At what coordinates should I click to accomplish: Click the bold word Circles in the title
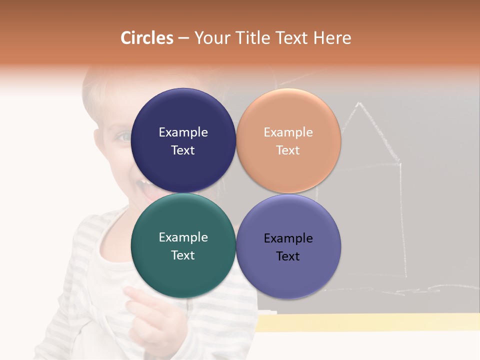146,38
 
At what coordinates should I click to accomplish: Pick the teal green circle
183,272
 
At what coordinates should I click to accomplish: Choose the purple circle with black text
288,275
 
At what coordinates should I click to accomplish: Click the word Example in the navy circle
183,132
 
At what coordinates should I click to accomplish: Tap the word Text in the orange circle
288,150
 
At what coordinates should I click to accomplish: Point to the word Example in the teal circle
183,237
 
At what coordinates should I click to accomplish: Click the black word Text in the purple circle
288,256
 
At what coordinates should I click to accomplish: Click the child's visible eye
122,135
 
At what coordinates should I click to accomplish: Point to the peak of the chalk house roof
358,103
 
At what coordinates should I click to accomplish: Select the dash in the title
183,38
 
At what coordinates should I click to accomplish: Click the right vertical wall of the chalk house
401,220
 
